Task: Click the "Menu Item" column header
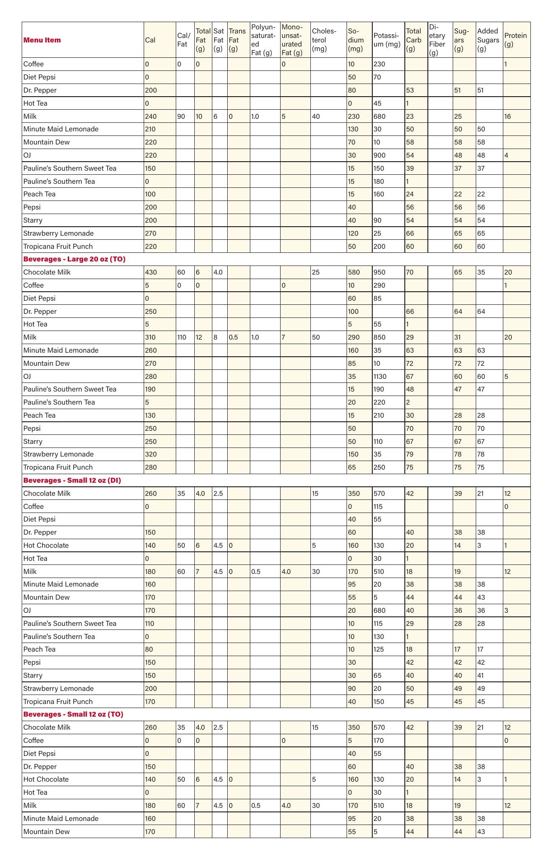pyautogui.click(x=42, y=40)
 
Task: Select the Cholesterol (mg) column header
pyautogui.click(x=324, y=40)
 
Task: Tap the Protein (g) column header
pyautogui.click(x=516, y=40)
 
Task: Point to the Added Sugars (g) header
pyautogui.click(x=488, y=40)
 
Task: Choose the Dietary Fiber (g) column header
pyautogui.click(x=437, y=40)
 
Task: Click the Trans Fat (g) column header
pyautogui.click(x=237, y=40)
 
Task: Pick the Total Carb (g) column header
pyautogui.click(x=413, y=40)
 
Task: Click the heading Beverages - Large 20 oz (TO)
pyautogui.click(x=75, y=259)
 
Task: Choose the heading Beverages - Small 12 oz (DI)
pyautogui.click(x=72, y=480)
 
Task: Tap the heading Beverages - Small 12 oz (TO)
pyautogui.click(x=73, y=714)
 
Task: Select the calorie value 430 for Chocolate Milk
pyautogui.click(x=151, y=272)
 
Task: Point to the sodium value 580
pyautogui.click(x=354, y=272)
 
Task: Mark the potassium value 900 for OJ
pyautogui.click(x=380, y=155)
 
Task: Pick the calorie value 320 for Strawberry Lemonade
pyautogui.click(x=151, y=454)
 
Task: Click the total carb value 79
pyautogui.click(x=410, y=454)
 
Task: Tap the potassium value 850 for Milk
pyautogui.click(x=380, y=337)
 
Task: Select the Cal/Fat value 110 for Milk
pyautogui.click(x=182, y=337)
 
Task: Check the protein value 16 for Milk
pyautogui.click(x=508, y=117)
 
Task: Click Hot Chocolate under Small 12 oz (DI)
pyautogui.click(x=46, y=545)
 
